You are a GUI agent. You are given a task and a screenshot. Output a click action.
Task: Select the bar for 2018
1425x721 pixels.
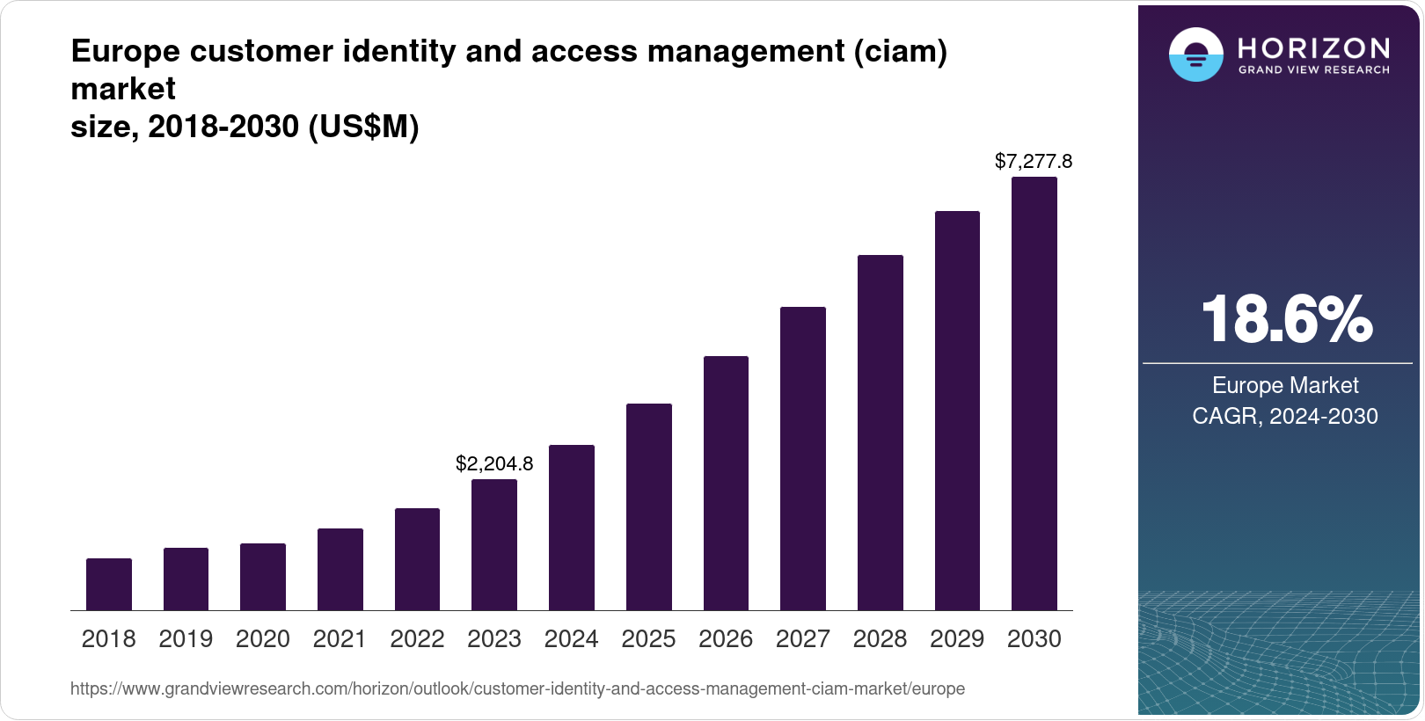(109, 585)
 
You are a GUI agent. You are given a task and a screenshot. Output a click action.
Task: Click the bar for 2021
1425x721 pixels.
(340, 570)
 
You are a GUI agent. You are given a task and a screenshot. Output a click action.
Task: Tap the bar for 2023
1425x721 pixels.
(494, 545)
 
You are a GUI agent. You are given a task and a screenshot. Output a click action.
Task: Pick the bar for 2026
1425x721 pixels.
(726, 484)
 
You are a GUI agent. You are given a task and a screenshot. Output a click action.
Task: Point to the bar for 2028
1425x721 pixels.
(881, 433)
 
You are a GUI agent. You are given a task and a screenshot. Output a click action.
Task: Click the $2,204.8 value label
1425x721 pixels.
(494, 463)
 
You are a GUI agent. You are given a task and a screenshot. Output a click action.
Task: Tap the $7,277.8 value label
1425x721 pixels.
(1034, 161)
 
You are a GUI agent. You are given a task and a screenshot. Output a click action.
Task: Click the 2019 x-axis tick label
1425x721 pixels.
(186, 639)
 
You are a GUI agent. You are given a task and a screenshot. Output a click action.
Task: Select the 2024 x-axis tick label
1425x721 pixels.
(572, 639)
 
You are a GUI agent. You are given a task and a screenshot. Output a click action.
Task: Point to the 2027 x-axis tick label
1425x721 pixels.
(803, 639)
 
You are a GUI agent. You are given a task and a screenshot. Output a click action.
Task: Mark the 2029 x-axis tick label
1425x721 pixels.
(957, 639)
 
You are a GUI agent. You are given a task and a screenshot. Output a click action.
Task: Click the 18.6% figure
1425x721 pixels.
(1286, 319)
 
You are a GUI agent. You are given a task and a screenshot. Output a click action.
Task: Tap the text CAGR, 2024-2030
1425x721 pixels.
(1285, 416)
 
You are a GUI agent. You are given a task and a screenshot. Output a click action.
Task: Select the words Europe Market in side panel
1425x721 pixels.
(1285, 385)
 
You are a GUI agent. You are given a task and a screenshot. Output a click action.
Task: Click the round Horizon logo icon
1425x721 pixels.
(1196, 55)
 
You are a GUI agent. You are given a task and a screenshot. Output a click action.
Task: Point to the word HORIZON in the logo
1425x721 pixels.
(1314, 47)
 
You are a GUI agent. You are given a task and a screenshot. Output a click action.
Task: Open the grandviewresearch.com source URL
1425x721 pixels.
(517, 689)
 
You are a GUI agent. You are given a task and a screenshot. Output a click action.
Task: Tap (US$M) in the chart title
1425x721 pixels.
(363, 127)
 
